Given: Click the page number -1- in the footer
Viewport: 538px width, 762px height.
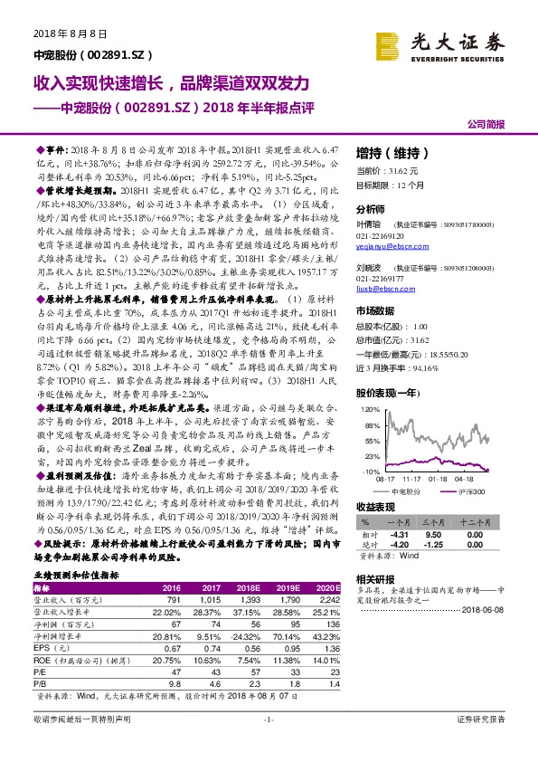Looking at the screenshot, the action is click(269, 744).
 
